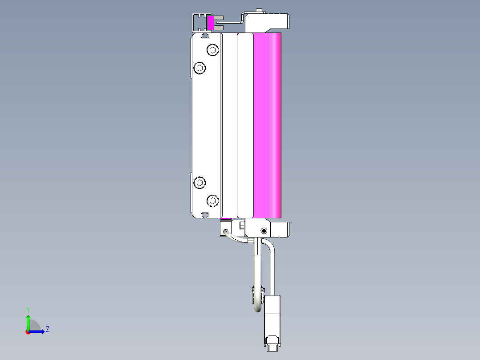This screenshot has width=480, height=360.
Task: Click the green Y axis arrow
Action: click(28, 320)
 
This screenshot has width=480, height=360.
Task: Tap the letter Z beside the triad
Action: click(48, 329)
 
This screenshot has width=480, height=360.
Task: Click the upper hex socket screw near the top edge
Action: click(213, 50)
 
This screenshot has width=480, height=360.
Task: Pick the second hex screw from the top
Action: click(200, 68)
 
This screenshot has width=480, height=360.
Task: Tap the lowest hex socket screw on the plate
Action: click(213, 200)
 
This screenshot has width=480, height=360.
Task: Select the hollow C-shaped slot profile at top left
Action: click(198, 22)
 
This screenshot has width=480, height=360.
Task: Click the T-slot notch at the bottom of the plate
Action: click(205, 215)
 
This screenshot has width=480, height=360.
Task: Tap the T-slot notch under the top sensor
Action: click(205, 34)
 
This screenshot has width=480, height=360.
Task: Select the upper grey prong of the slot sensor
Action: click(219, 18)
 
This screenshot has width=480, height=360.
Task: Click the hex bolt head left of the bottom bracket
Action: click(241, 226)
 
